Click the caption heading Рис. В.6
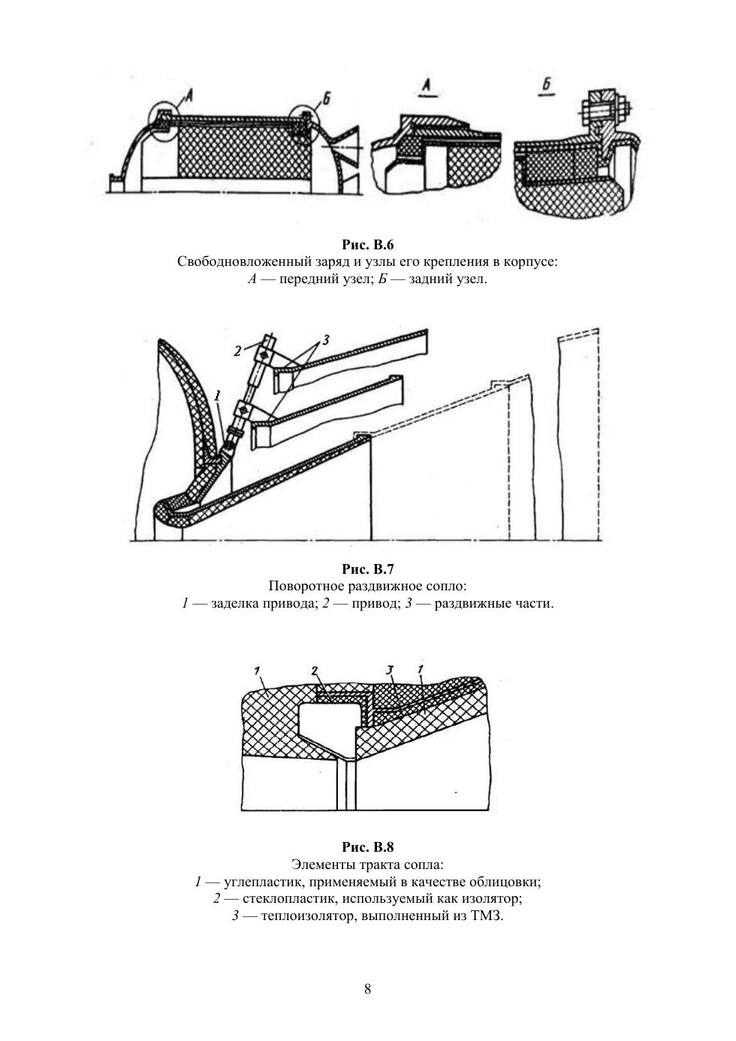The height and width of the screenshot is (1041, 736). pos(367,245)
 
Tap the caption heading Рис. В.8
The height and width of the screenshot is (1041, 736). pos(367,848)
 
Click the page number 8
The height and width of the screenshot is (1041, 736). pos(367,988)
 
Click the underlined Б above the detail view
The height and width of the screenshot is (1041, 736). pos(546,84)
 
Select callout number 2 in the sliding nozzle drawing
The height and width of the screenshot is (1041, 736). pos(237,350)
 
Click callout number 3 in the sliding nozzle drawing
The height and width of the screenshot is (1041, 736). pos(325,340)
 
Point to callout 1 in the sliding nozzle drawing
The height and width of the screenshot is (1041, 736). pos(217,394)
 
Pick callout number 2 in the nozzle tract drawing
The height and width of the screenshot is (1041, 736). pos(315,670)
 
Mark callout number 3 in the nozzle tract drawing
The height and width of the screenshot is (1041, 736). pos(390,670)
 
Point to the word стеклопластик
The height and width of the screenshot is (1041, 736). pos(285,899)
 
